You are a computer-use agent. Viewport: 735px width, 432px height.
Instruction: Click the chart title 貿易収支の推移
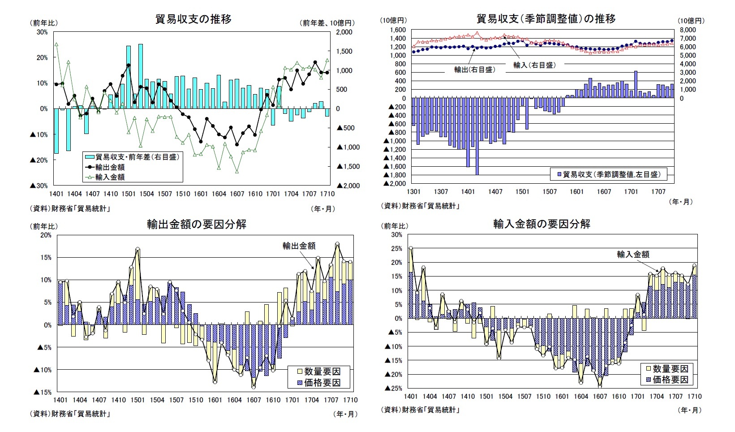[x=193, y=19]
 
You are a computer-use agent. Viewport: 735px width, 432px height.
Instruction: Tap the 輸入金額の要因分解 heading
[x=542, y=224]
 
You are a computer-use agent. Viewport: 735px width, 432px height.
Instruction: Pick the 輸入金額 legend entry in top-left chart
[x=110, y=177]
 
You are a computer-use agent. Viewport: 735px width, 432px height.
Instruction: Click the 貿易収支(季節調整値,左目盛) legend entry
[x=611, y=174]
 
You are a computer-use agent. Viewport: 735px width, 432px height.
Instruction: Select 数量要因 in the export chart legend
[x=322, y=372]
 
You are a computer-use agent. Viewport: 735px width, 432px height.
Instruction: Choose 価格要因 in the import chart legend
[x=670, y=380]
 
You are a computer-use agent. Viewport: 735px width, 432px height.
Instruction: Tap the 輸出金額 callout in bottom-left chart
[x=299, y=246]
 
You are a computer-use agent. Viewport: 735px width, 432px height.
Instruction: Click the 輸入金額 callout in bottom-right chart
[x=633, y=254]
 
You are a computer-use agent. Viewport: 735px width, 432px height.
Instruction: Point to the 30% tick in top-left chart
[x=42, y=32]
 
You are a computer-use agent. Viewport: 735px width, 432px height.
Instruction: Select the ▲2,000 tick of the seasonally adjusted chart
[x=395, y=183]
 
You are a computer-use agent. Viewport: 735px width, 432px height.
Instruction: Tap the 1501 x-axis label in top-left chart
[x=129, y=194]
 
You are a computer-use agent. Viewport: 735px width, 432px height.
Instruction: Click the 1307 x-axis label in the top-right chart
[x=441, y=191]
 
